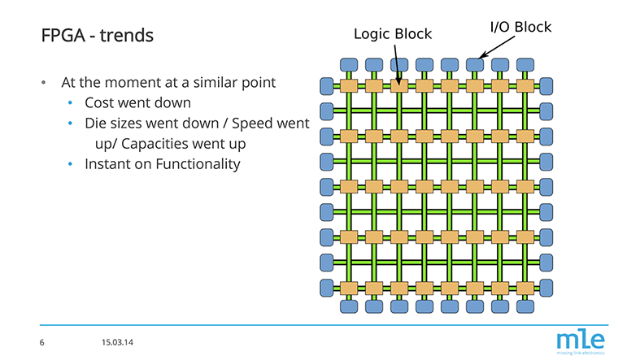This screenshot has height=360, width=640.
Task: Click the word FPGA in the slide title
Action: tap(62, 37)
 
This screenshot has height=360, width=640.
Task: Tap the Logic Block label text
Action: tap(392, 33)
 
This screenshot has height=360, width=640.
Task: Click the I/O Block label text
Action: tap(520, 27)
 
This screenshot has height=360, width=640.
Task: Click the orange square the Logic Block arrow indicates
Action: tap(398, 85)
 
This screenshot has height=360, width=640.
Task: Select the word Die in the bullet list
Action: tap(96, 124)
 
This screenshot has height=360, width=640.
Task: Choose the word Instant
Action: tap(109, 163)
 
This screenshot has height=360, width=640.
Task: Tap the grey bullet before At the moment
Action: tap(46, 84)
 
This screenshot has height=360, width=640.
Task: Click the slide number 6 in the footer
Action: tap(41, 341)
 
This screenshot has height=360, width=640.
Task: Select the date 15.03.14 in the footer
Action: tap(118, 341)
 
